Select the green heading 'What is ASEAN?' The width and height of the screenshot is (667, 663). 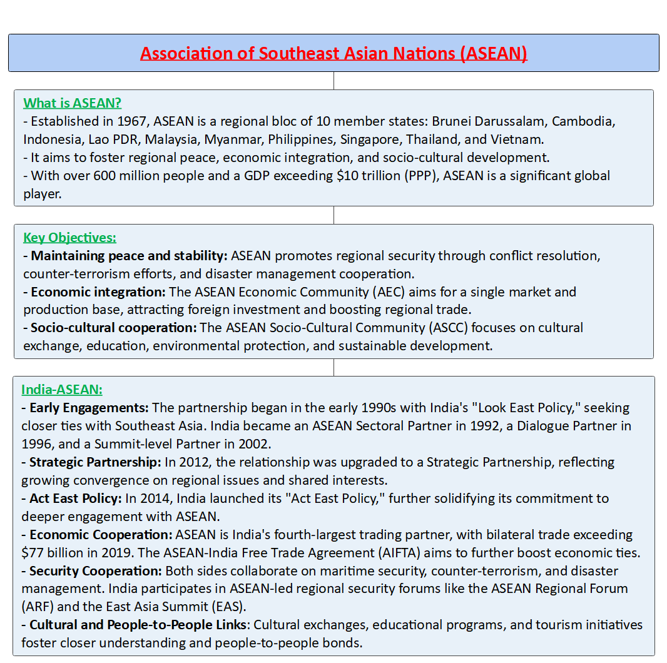[x=73, y=103]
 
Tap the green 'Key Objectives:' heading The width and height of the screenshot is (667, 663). [x=69, y=238]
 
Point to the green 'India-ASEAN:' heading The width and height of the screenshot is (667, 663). [x=62, y=390]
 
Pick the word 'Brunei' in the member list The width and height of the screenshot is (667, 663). [x=453, y=121]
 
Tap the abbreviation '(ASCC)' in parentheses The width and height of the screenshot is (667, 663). [x=448, y=328]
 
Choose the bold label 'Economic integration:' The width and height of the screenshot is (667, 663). [x=96, y=291]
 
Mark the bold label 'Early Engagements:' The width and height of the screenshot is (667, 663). [x=89, y=408]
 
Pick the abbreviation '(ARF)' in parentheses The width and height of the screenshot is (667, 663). [x=37, y=607]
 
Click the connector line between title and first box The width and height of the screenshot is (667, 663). [x=333, y=81]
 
